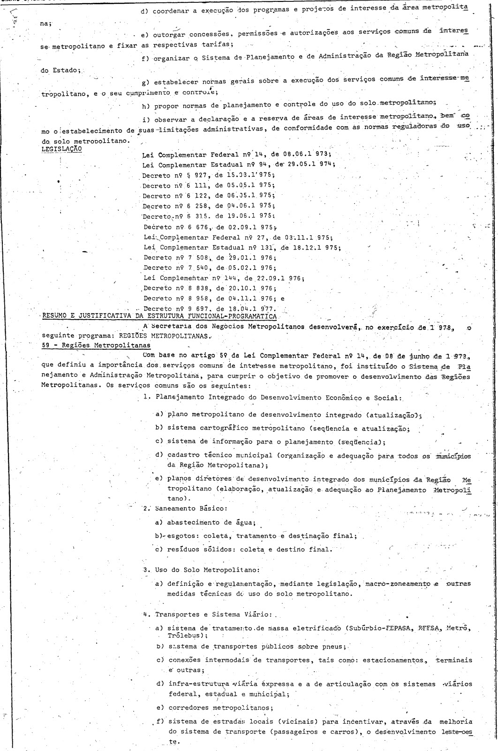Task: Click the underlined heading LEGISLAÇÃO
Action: (x=61, y=148)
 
